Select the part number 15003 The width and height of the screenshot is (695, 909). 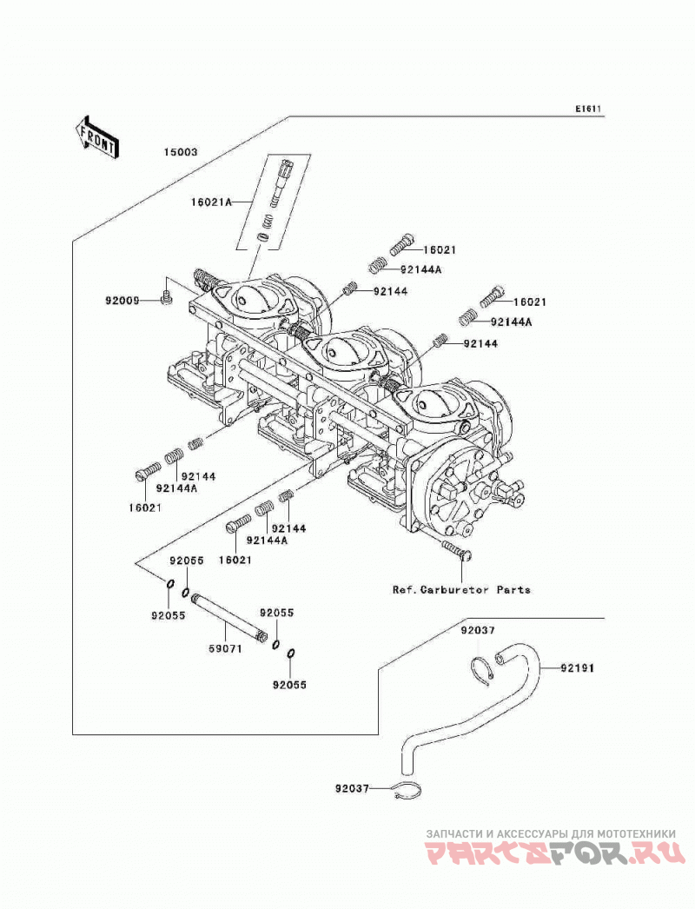(x=181, y=152)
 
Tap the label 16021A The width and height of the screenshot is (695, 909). (x=212, y=202)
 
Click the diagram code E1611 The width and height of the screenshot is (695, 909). (x=588, y=109)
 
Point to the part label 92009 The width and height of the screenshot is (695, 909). (x=122, y=301)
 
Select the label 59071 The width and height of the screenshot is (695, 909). (x=225, y=648)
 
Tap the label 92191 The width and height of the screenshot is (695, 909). (x=578, y=667)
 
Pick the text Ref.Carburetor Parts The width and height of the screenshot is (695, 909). (x=461, y=589)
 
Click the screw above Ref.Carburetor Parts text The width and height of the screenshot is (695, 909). (x=457, y=549)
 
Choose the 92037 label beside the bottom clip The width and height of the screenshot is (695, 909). (x=352, y=788)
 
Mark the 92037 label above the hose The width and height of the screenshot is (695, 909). (x=478, y=630)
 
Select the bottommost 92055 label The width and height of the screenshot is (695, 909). (x=289, y=685)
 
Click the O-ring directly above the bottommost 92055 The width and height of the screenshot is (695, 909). (x=291, y=654)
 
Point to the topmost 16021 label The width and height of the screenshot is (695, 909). (x=440, y=250)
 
